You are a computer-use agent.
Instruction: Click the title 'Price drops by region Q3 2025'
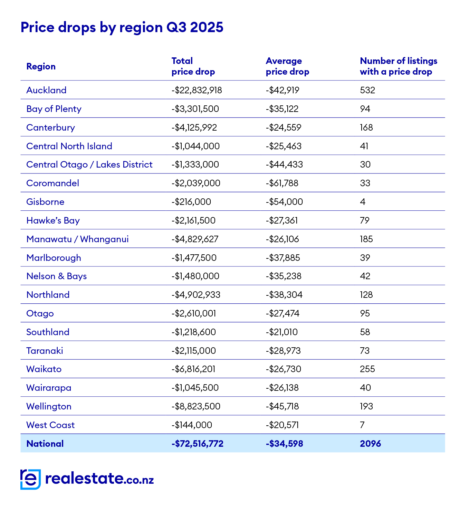pos(122,27)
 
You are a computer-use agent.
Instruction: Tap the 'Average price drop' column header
pos(287,66)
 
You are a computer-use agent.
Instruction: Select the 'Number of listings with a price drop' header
pos(399,66)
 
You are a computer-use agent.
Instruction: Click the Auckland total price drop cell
pos(197,90)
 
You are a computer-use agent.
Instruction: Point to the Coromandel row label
pos(52,183)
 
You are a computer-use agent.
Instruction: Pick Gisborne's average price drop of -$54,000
pos(284,202)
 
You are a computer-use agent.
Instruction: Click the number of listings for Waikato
pos(367,369)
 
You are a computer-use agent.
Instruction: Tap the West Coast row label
pos(50,425)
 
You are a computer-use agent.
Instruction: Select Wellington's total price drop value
pos(196,406)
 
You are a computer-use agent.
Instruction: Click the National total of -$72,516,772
pos(198,444)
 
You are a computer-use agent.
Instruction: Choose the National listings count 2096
pos(370,444)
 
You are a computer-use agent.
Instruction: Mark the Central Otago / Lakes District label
pos(89,164)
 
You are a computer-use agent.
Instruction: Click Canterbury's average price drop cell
pos(284,127)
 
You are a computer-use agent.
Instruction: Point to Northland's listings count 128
pos(366,295)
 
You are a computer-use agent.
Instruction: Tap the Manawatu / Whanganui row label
pos(77,239)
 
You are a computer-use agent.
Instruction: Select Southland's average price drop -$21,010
pos(282,332)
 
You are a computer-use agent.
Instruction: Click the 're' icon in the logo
pos(30,479)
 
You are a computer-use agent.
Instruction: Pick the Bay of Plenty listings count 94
pos(365,109)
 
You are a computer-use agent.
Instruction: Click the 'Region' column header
pos(41,66)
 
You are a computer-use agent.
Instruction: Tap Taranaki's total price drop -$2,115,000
pos(194,351)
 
